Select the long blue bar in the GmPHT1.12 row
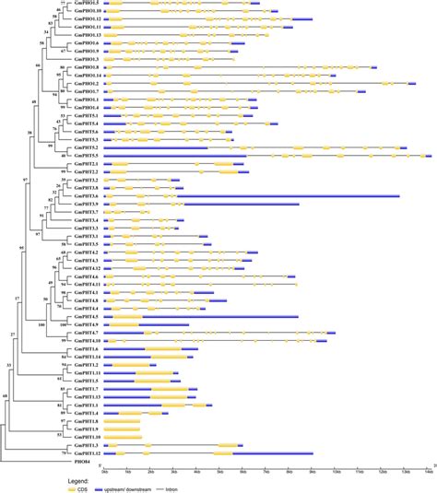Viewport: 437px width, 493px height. pos(277,453)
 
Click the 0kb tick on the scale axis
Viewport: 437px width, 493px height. pos(103,470)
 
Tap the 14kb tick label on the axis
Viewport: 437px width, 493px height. pos(428,470)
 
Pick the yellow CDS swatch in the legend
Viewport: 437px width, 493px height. pos(69,487)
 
